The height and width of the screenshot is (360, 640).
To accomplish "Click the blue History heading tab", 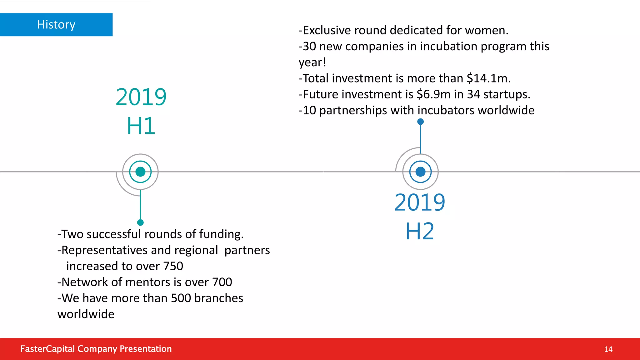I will tap(56, 25).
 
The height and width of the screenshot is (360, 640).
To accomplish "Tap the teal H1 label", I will tap(141, 126).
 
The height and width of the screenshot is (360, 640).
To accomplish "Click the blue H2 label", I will tap(420, 231).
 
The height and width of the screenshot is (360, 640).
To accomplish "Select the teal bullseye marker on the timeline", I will tap(140, 172).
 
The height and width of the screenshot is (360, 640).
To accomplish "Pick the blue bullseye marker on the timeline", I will tap(420, 172).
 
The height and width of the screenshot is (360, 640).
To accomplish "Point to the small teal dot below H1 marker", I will tap(140, 222).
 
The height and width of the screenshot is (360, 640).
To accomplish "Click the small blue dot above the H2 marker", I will tap(421, 122).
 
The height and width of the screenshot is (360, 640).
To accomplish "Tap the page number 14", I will tap(608, 349).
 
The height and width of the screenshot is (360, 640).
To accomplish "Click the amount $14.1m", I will tap(488, 78).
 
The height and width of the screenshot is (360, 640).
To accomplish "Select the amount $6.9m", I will tap(433, 94).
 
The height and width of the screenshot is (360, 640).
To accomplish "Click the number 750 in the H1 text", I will tap(173, 266).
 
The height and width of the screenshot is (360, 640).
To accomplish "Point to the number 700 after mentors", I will tap(222, 282).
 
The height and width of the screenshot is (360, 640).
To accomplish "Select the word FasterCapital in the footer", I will tap(47, 349).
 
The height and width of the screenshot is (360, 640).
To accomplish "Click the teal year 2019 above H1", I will tap(141, 97).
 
